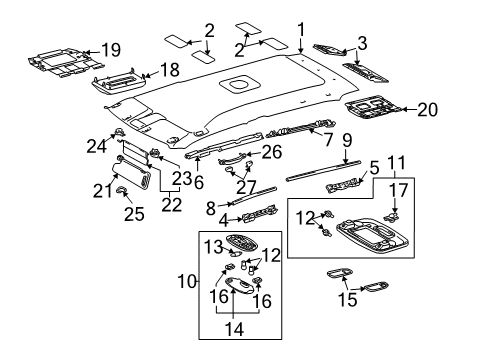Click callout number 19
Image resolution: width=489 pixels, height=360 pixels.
111,48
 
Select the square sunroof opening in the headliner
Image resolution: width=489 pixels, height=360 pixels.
240,81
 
